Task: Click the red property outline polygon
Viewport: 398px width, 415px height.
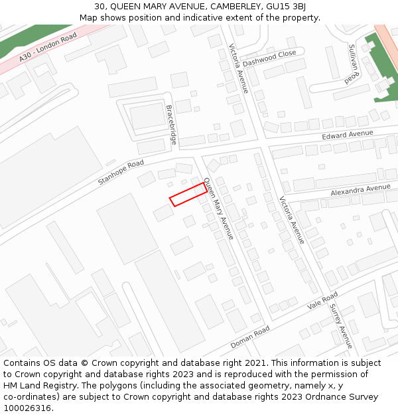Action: tap(188, 195)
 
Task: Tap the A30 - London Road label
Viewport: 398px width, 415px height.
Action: tap(48, 48)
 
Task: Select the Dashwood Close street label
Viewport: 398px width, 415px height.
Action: tap(269, 58)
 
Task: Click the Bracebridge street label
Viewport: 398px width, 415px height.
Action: tap(171, 124)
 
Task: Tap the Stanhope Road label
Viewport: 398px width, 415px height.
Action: tap(121, 173)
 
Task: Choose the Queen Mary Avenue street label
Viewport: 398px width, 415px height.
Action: tap(219, 208)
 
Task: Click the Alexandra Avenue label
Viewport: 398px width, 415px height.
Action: tap(360, 191)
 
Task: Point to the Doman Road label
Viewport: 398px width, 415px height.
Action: tap(250, 337)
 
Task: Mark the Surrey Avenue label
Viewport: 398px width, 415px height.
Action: tap(341, 327)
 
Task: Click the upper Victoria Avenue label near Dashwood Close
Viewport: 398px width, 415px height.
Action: tap(238, 68)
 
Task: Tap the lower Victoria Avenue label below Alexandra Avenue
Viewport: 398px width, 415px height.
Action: tap(292, 220)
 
